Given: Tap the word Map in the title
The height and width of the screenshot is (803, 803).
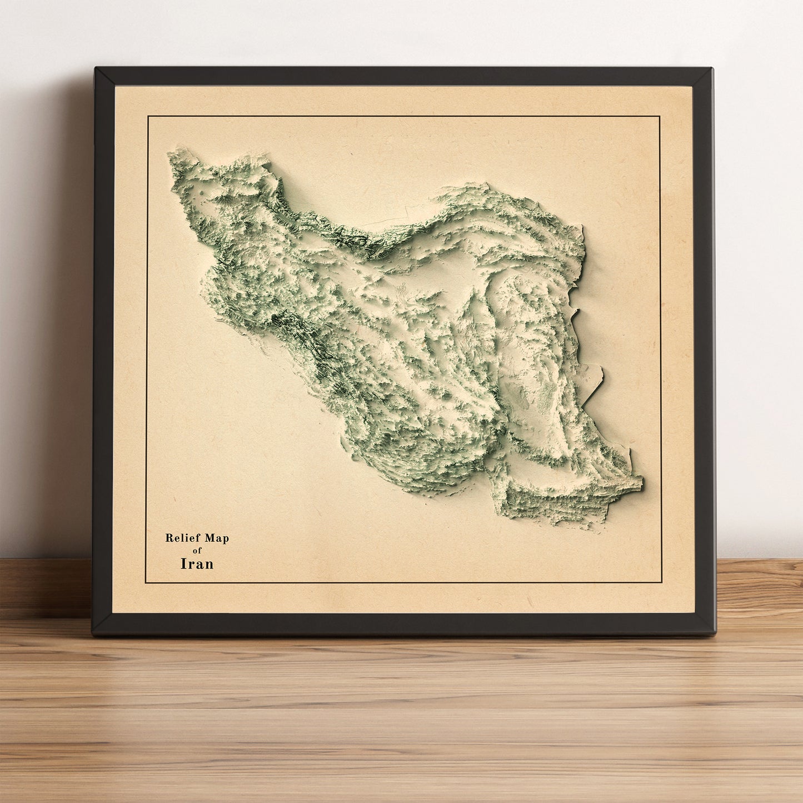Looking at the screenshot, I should [x=217, y=538].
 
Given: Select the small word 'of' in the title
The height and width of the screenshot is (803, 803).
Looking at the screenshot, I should [x=197, y=551].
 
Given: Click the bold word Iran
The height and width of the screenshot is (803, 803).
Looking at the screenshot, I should [x=197, y=563].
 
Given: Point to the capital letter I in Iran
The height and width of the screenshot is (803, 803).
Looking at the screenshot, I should [x=183, y=563].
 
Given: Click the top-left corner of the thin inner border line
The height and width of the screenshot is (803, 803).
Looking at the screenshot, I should [x=148, y=117].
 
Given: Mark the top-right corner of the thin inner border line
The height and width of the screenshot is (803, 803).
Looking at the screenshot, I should [x=660, y=117].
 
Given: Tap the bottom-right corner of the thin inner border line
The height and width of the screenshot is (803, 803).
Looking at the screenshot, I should [x=661, y=583].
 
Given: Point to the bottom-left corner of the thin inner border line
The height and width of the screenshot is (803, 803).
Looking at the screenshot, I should [x=146, y=583].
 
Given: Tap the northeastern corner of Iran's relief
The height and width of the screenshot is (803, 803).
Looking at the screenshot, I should [x=582, y=227].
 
